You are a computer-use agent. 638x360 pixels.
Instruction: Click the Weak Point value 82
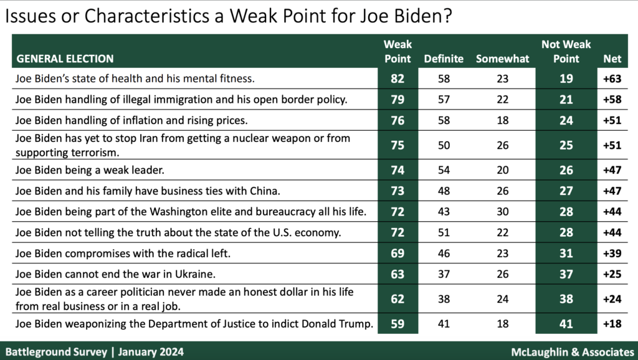pyautogui.click(x=397, y=78)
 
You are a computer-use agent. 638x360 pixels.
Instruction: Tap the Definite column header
pyautogui.click(x=443, y=59)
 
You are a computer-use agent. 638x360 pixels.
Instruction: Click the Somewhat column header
pyautogui.click(x=502, y=59)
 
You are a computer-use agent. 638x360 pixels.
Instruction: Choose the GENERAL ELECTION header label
pyautogui.click(x=65, y=59)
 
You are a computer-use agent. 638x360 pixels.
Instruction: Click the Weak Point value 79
pyautogui.click(x=397, y=98)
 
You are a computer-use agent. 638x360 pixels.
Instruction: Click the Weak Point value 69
pyautogui.click(x=397, y=254)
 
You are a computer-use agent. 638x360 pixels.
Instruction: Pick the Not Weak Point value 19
pyautogui.click(x=565, y=78)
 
